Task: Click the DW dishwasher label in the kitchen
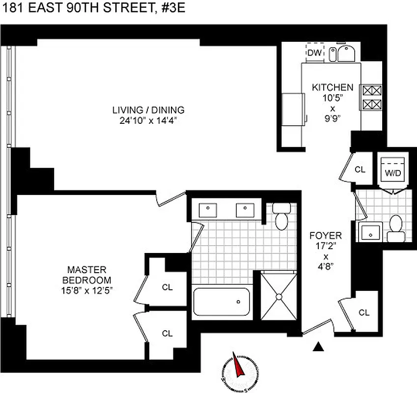pyautogui.click(x=315, y=53)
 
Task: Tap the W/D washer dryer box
pyautogui.click(x=392, y=172)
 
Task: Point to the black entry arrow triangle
pyautogui.click(x=319, y=347)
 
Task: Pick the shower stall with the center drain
pyautogui.click(x=278, y=296)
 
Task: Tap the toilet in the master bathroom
pyautogui.click(x=281, y=219)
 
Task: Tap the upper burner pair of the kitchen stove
pyautogui.click(x=369, y=90)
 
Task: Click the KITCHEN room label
pyautogui.click(x=333, y=87)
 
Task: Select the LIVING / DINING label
pyautogui.click(x=148, y=110)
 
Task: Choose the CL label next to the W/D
pyautogui.click(x=360, y=169)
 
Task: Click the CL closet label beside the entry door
pyautogui.click(x=364, y=312)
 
